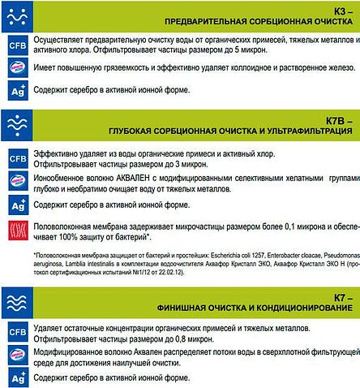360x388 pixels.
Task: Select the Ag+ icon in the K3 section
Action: pyautogui.click(x=16, y=90)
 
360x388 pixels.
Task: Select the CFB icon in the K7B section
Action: pyautogui.click(x=16, y=159)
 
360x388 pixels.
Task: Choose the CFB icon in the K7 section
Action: pyautogui.click(x=16, y=333)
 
